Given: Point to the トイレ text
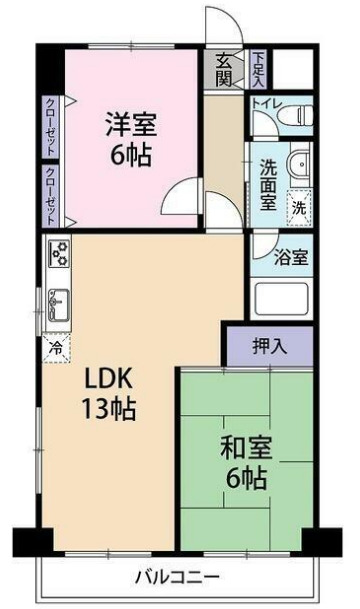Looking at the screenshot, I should [265, 104].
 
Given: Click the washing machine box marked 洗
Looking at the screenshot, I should [298, 208].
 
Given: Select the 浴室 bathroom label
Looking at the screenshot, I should [292, 257].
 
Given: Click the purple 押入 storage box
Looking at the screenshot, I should [268, 347].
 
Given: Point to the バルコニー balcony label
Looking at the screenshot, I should [178, 577].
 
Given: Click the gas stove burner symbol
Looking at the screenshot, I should [56, 255].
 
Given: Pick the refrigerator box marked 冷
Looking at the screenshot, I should [55, 349].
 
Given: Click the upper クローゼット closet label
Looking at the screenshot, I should [49, 126].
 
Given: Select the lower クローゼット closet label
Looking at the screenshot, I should [49, 195].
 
